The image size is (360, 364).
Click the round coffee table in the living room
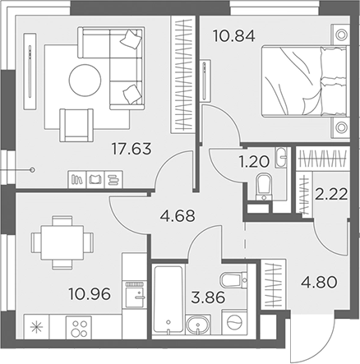pyautogui.click(x=85, y=81)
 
